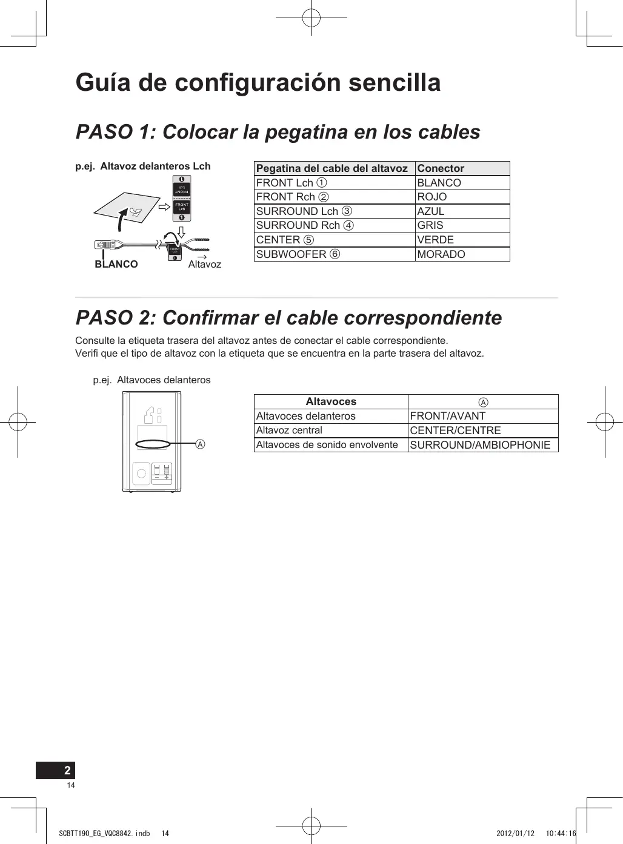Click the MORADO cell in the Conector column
pyautogui.click(x=441, y=254)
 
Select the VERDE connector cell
pyautogui.click(x=435, y=240)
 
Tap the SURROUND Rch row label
pyautogui.click(x=304, y=225)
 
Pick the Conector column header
pyautogui.click(x=441, y=168)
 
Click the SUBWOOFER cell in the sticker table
pyautogui.click(x=298, y=254)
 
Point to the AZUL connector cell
pyautogui.click(x=431, y=211)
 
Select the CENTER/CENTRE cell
pyautogui.click(x=455, y=430)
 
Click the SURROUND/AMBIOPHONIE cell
pyautogui.click(x=480, y=445)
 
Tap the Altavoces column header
pyautogui.click(x=331, y=401)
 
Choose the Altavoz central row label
pyautogui.click(x=289, y=430)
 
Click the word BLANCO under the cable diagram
pyautogui.click(x=116, y=264)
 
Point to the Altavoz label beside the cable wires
pyautogui.click(x=205, y=264)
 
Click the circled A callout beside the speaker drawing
pyautogui.click(x=201, y=444)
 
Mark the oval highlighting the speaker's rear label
pyautogui.click(x=153, y=444)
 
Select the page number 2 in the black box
pyautogui.click(x=67, y=770)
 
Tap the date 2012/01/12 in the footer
pyautogui.click(x=515, y=834)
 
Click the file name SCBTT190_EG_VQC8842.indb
pyautogui.click(x=104, y=834)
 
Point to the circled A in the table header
pyautogui.click(x=483, y=402)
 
